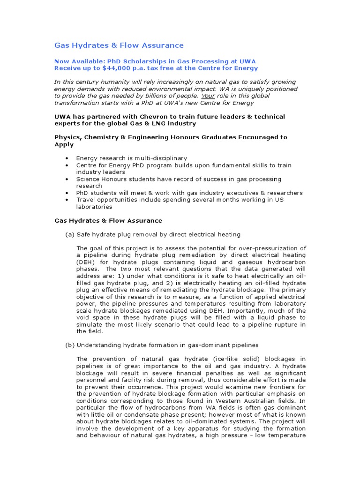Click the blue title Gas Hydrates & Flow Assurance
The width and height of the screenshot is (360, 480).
[119, 45]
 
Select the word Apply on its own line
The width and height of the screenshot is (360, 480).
[64, 144]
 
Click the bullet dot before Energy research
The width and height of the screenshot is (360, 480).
[69, 158]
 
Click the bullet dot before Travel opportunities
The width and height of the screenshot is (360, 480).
[69, 200]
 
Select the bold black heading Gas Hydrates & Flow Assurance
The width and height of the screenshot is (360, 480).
[108, 220]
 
